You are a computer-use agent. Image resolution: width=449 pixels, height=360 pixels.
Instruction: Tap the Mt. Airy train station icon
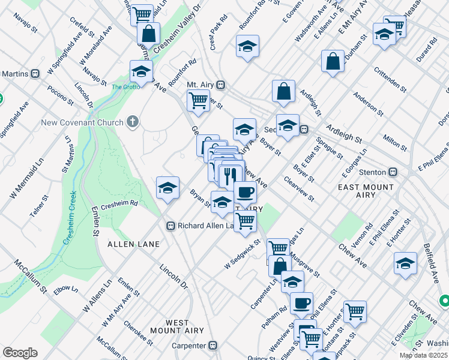[221, 85]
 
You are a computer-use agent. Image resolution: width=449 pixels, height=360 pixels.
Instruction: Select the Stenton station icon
[393, 172]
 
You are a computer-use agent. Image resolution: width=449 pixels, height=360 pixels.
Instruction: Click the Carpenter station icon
[212, 346]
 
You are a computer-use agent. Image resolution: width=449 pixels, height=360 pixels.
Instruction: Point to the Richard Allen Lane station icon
[170, 226]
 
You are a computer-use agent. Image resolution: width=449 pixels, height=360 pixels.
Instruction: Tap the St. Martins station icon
[35, 74]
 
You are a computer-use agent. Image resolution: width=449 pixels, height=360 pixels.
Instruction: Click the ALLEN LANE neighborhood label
[133, 244]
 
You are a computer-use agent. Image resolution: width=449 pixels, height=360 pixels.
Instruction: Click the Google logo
[20, 352]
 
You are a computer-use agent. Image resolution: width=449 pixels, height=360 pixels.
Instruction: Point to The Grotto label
[125, 87]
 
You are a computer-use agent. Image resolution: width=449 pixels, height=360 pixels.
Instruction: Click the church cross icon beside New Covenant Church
[133, 122]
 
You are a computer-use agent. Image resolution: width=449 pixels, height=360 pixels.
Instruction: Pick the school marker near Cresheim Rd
[167, 187]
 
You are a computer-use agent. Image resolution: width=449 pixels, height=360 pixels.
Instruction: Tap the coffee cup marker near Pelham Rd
[301, 302]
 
